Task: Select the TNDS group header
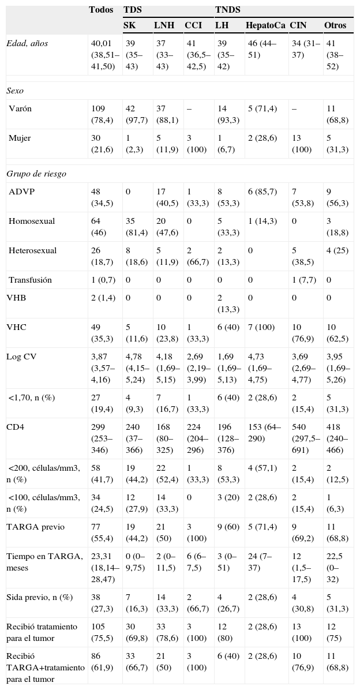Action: tap(228, 10)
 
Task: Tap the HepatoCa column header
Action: tap(265, 25)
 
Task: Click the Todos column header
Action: tap(101, 10)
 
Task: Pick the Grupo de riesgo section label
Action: tap(32, 172)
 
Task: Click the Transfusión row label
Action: tap(30, 280)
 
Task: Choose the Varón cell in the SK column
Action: tap(135, 113)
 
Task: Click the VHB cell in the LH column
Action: tap(226, 303)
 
